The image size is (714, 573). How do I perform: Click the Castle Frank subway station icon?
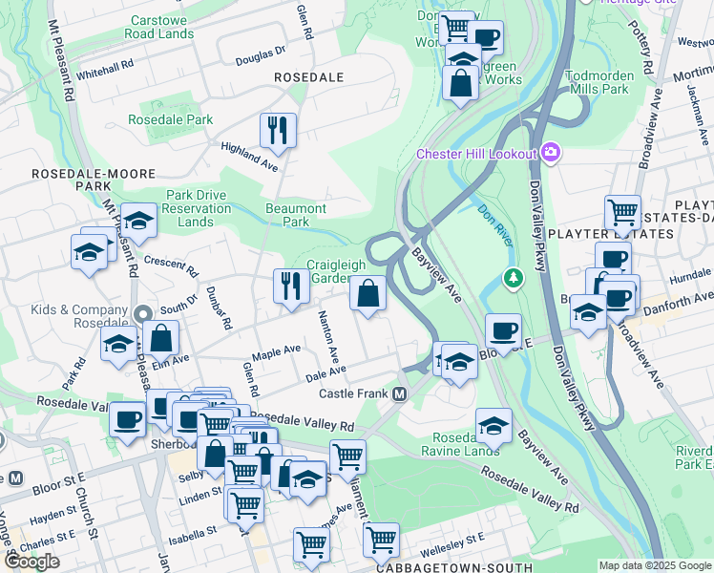[400, 394]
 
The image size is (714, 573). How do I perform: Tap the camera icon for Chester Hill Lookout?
[550, 153]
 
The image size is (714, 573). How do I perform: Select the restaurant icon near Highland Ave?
[278, 130]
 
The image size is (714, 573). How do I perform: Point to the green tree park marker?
[514, 278]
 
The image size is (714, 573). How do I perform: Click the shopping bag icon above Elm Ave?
[162, 337]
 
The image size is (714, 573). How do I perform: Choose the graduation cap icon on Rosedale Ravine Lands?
[493, 425]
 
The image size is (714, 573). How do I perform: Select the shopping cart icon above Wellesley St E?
[381, 539]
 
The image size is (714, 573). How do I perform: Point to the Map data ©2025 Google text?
[655, 565]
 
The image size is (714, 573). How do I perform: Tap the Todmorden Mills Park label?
[598, 82]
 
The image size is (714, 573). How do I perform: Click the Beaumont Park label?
[296, 215]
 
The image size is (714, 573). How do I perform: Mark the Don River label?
[496, 225]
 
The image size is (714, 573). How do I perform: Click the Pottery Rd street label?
[646, 57]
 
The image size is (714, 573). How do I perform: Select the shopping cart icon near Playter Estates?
[622, 211]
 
